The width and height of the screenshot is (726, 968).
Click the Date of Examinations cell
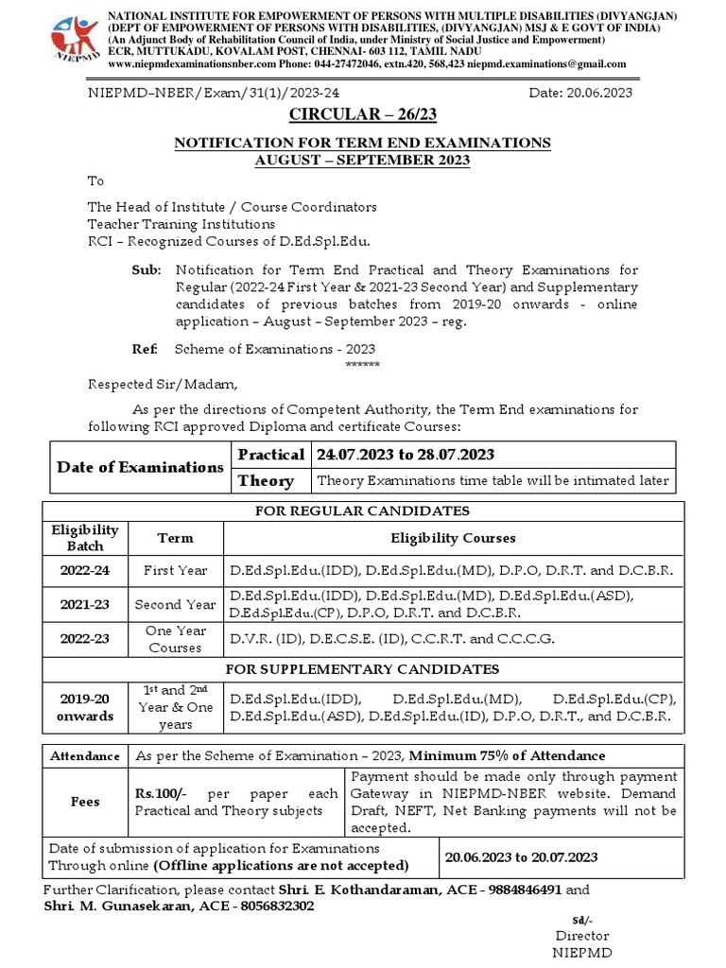point(140,467)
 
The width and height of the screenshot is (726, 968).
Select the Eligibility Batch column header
point(85,538)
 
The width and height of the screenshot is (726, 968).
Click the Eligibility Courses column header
point(454,538)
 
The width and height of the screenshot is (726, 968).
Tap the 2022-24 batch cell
point(85,570)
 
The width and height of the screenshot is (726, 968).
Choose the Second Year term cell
point(175,604)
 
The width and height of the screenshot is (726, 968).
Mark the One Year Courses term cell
point(175,639)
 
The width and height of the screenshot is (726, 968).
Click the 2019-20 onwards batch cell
point(85,707)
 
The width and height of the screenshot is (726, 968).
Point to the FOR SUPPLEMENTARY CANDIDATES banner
point(364,669)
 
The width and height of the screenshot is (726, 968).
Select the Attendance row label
point(85,756)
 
